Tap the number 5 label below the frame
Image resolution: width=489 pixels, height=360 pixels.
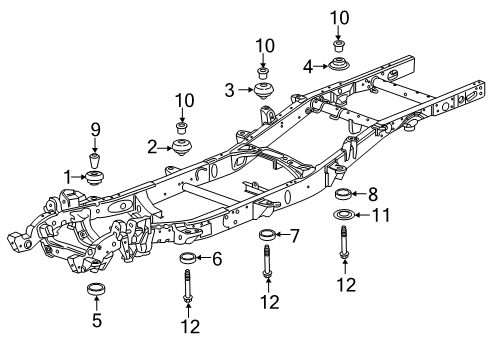(x=97, y=322)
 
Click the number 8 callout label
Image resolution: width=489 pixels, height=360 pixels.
(x=373, y=193)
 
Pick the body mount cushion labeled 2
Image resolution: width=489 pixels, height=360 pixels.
(x=182, y=148)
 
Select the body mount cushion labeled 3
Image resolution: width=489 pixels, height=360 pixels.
(x=264, y=92)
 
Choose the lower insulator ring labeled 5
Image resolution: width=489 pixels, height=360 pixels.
(x=97, y=292)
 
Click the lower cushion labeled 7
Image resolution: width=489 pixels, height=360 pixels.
(x=267, y=236)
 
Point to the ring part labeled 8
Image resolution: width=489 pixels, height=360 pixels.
(x=343, y=194)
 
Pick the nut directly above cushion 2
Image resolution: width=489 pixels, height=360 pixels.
(x=182, y=127)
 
